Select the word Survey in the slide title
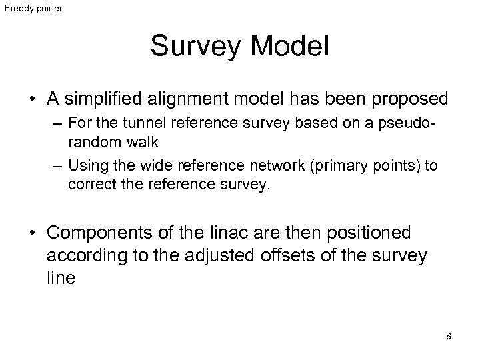(190, 46)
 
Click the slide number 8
(449, 336)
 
